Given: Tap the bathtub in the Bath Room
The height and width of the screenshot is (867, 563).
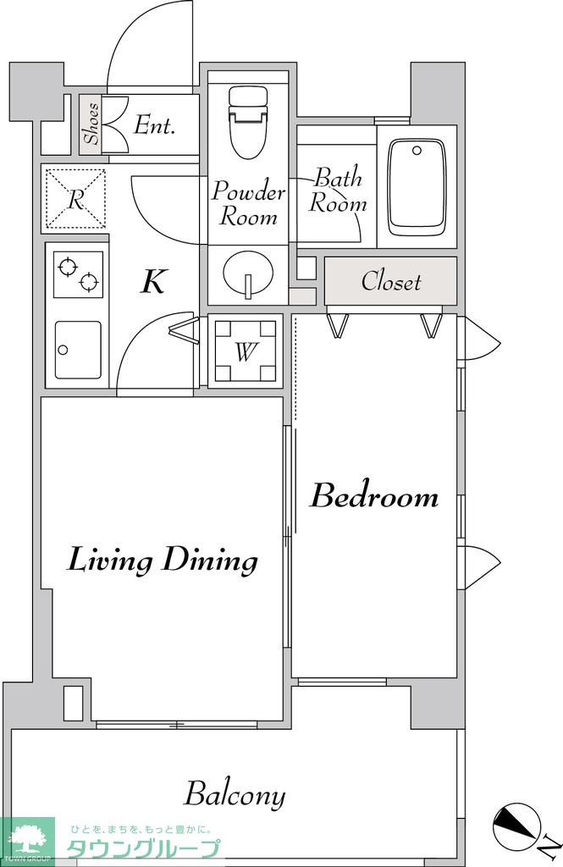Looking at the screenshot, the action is (417, 187).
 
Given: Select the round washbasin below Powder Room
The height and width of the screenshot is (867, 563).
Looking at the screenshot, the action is (248, 273).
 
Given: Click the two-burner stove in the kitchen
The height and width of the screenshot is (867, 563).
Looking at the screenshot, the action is (78, 273).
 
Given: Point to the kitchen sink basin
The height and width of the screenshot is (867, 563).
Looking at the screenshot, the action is (78, 350).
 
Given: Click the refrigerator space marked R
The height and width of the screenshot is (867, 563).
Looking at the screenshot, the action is (75, 199).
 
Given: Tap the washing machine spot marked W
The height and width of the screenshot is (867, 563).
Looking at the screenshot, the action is (246, 351).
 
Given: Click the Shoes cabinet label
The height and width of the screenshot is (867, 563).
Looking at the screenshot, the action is (91, 124).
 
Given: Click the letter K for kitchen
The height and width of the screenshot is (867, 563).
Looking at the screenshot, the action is (152, 281).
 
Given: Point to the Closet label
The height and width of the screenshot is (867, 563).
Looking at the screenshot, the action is (391, 281).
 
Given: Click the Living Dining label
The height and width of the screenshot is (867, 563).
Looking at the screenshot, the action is (163, 560).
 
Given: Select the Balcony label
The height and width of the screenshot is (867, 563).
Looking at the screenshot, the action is (235, 796).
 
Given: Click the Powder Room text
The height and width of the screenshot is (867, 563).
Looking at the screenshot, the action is (248, 203).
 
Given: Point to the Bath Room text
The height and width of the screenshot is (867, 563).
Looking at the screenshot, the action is (337, 191).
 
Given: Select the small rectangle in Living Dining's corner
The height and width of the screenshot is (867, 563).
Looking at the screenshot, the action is (73, 704).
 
